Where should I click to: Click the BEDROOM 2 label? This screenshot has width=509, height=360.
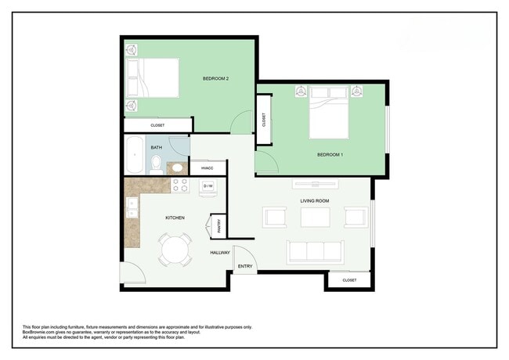pos(215,78)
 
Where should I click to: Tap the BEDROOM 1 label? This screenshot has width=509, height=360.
pos(329,155)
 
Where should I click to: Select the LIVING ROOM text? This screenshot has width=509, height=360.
pos(315,200)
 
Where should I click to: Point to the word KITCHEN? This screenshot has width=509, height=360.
pos(174,218)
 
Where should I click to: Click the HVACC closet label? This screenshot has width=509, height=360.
pos(207,168)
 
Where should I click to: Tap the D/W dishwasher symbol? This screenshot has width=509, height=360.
pos(208,186)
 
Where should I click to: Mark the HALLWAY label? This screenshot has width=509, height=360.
pos(219,253)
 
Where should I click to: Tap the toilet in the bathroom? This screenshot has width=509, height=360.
pos(156,164)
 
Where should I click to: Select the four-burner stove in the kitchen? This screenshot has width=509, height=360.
pos(179,185)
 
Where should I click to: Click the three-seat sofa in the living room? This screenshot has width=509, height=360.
pos(315,251)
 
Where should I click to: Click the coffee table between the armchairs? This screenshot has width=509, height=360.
pos(315,217)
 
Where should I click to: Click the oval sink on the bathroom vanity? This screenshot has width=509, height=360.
pos(177,167)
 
